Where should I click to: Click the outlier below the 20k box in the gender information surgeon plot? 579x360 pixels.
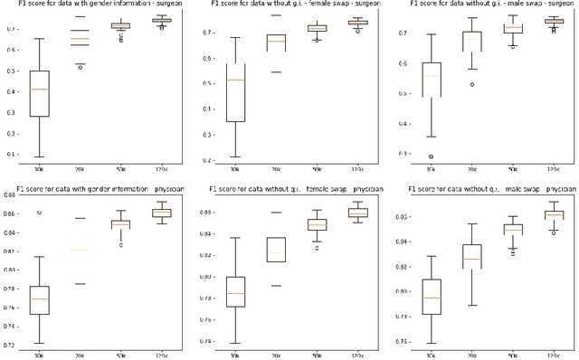coord(80,67)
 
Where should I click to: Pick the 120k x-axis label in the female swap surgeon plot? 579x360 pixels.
coord(357,169)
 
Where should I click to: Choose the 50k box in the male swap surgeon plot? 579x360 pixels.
coord(513,28)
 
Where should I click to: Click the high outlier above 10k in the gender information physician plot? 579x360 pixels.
coord(39,212)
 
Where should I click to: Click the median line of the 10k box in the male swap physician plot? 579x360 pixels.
coord(432,298)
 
